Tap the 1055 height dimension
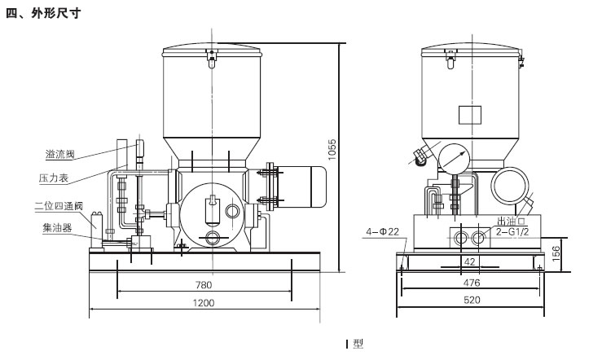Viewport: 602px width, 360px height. click(332, 148)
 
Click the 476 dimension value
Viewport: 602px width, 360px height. click(472, 283)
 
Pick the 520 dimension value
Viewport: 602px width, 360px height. click(472, 301)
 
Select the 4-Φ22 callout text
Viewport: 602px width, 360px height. click(382, 232)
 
